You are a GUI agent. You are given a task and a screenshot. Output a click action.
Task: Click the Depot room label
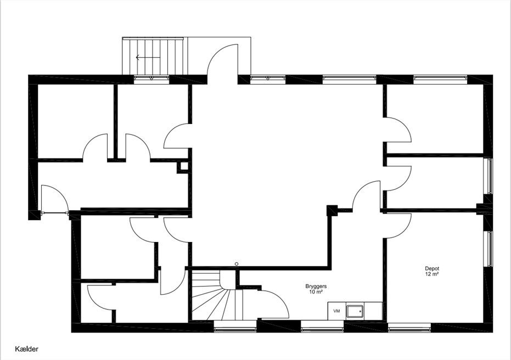tap(432, 268)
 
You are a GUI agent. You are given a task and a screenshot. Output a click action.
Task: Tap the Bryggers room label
tap(316, 286)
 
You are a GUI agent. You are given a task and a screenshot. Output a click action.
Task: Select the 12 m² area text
tap(432, 274)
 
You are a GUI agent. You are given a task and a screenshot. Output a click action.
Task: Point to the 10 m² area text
tap(316, 292)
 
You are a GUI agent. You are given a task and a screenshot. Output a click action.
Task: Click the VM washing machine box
tap(336, 311)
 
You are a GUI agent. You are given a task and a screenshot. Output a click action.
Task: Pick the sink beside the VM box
tap(356, 311)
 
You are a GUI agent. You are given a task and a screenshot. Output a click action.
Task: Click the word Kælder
tap(27, 349)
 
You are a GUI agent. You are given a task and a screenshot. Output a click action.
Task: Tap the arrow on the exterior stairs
tap(148, 58)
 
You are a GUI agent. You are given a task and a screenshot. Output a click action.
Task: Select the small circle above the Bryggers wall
tap(237, 263)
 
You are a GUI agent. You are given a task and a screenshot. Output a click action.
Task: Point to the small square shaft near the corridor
tap(184, 166)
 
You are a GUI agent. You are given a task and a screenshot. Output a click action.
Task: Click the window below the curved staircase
tap(235, 326)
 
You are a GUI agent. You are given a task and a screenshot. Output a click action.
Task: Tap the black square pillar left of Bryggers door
tap(332, 211)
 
